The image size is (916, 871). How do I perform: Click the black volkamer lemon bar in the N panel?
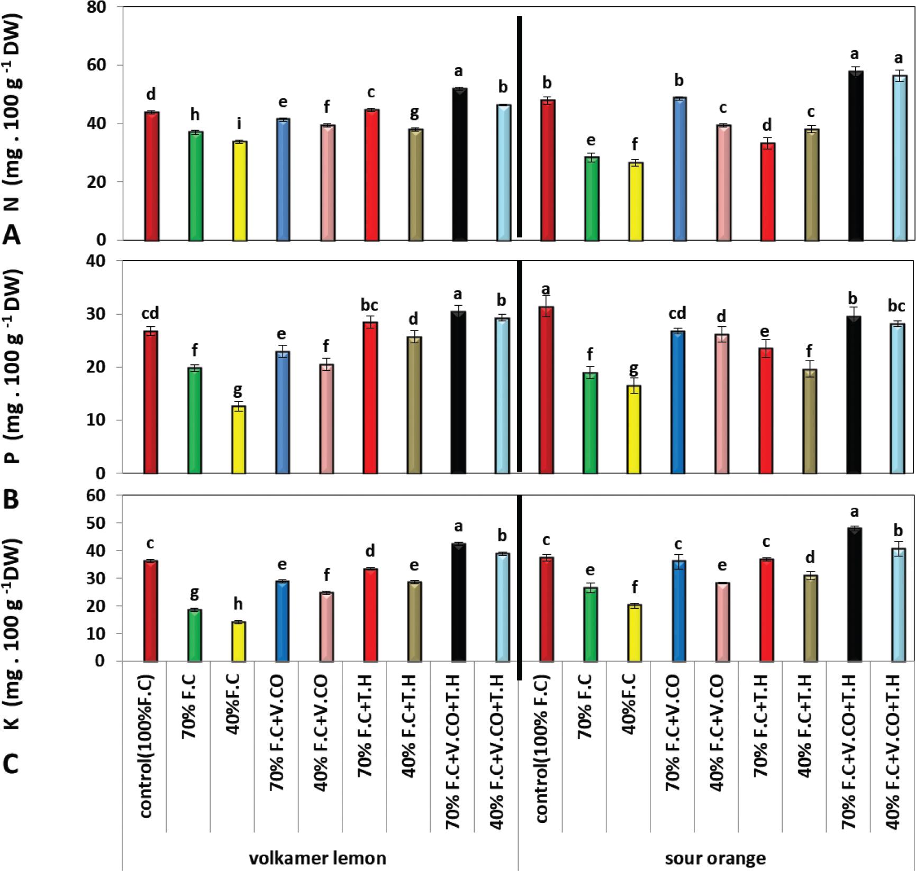[x=460, y=164]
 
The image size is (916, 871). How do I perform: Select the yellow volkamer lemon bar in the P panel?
[x=239, y=439]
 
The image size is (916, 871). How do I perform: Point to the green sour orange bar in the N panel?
[x=591, y=198]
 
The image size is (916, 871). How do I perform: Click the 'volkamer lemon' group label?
[x=318, y=857]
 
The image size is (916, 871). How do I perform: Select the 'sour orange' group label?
[x=715, y=857]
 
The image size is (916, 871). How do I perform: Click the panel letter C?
[x=12, y=763]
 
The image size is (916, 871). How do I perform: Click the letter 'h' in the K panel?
[x=238, y=604]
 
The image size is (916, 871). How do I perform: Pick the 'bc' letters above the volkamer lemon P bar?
[x=369, y=305]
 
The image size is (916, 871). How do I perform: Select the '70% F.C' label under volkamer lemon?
[x=190, y=709]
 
